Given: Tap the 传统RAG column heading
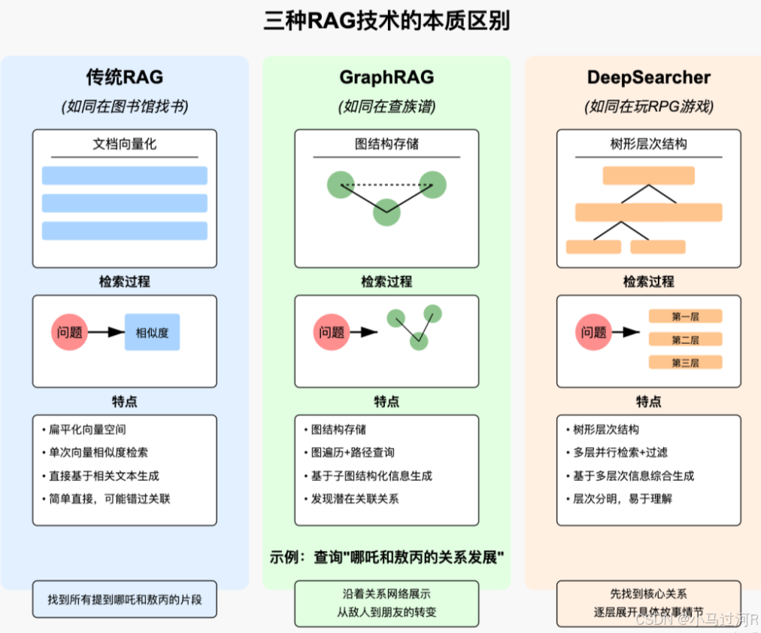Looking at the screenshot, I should point(124,77).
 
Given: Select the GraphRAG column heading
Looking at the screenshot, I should point(387,77).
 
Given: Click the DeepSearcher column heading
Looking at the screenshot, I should point(648,77).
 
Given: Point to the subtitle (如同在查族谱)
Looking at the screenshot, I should point(387,106).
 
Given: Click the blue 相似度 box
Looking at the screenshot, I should point(152,332).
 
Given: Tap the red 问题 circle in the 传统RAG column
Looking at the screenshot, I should point(70,332).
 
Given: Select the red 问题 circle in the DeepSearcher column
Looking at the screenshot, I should point(594,332).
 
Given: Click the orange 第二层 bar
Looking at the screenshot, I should point(685,339).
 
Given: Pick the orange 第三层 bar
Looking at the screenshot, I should point(685,363).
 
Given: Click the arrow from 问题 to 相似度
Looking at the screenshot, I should point(107,332).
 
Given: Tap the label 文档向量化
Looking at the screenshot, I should point(124,144).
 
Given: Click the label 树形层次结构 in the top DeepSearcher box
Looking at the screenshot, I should point(648,144).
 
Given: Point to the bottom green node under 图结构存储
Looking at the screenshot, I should point(387,212).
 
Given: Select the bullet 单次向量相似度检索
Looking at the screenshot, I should point(99,452).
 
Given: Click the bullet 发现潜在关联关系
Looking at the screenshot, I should point(355,498).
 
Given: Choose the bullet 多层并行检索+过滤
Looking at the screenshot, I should point(620,452).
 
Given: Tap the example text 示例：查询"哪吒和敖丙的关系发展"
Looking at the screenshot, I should point(387,558).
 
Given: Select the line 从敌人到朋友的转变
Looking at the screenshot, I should point(387,612).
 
